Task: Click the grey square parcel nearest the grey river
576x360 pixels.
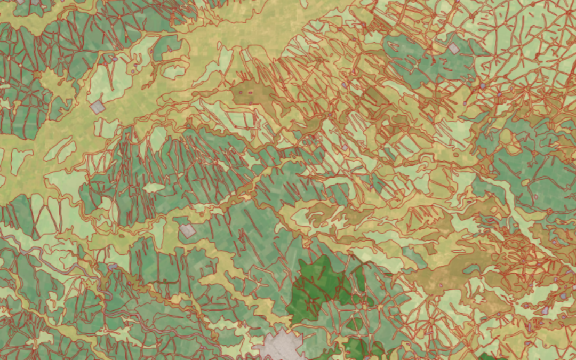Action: click(x=187, y=231)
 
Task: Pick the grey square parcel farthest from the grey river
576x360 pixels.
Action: click(x=453, y=49)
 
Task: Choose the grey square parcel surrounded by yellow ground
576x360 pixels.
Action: click(x=97, y=107)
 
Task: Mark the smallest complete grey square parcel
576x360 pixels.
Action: click(x=453, y=49)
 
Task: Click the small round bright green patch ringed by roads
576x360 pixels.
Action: click(x=355, y=323)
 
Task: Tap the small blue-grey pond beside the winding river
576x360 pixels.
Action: click(x=113, y=266)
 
